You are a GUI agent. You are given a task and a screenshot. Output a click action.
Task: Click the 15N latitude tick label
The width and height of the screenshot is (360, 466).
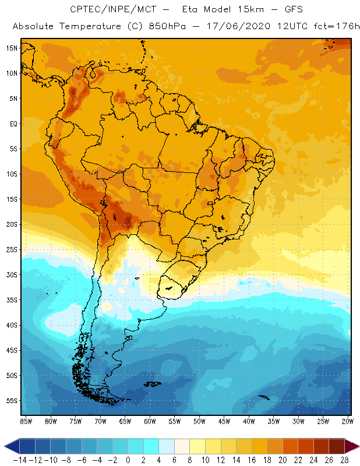click(x=11, y=48)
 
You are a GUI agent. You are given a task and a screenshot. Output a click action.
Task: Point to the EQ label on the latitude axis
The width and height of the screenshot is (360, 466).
click(x=12, y=124)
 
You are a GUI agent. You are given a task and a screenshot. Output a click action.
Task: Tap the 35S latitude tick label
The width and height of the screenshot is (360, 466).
click(x=11, y=300)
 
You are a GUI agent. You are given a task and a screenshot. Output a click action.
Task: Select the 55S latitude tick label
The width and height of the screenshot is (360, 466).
click(x=11, y=401)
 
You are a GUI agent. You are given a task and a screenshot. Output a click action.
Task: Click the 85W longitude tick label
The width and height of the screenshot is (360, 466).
click(x=26, y=421)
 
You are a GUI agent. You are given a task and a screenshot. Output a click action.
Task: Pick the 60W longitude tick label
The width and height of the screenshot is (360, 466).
click(x=150, y=421)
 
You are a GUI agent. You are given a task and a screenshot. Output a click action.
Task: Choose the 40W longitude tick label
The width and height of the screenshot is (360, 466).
click(x=249, y=421)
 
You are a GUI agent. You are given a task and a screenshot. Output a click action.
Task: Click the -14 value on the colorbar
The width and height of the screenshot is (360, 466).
click(x=19, y=460)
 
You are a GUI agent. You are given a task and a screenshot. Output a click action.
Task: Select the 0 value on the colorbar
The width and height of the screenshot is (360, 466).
click(x=128, y=460)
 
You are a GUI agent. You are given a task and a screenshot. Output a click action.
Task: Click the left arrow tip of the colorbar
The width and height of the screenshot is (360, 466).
click(x=6, y=446)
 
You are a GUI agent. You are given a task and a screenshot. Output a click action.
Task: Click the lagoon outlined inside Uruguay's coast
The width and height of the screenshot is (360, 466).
click(x=170, y=286)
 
